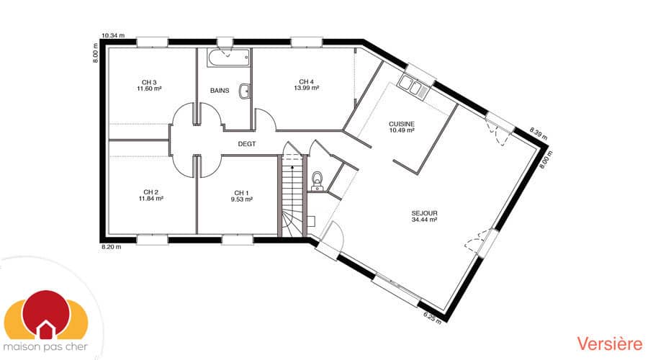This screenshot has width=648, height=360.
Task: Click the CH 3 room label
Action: (149, 82)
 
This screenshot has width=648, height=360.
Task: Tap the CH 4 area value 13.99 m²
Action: (306, 88)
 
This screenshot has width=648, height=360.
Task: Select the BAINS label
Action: (220, 91)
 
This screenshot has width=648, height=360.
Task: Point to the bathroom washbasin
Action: (246, 91)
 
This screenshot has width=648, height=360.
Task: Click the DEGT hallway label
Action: (247, 144)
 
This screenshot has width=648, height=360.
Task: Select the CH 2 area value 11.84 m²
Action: (150, 198)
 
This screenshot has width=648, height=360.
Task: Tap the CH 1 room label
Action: (241, 192)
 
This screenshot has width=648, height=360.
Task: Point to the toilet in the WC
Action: (317, 179)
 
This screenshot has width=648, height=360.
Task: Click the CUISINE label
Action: (401, 124)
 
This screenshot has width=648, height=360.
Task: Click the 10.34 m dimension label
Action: (113, 35)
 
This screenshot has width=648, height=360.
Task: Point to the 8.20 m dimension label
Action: (111, 247)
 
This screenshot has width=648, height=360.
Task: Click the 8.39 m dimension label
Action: (539, 132)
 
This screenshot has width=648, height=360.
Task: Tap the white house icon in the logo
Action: (46, 330)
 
